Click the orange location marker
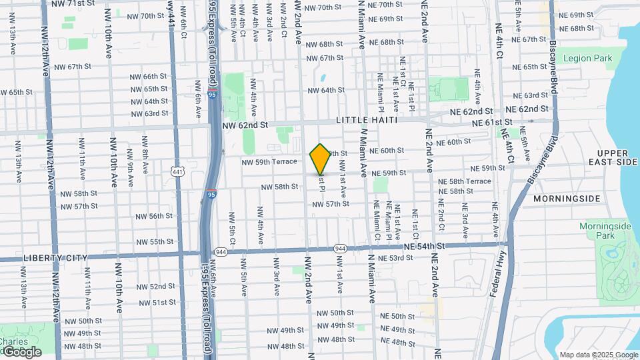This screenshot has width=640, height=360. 321,159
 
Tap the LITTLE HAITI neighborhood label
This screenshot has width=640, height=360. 367,120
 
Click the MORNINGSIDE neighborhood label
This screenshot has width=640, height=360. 567,199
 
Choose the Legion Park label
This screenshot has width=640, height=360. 587,59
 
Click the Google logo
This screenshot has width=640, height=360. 21,351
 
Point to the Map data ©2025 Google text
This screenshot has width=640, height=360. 598,355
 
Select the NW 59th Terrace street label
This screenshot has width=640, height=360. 269,161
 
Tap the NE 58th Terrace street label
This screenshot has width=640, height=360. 465,181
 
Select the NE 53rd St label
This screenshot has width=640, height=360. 400,258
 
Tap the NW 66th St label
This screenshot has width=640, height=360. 149,77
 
